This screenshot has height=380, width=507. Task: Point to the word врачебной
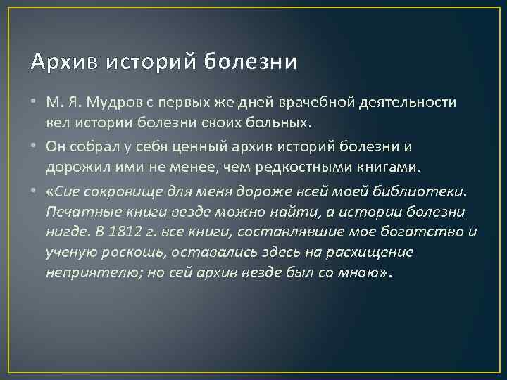coord(310,103)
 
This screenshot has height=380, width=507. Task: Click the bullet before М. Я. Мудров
coord(35,103)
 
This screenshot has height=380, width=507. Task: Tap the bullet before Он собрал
coord(35,147)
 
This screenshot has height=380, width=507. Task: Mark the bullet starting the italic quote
coord(35,191)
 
